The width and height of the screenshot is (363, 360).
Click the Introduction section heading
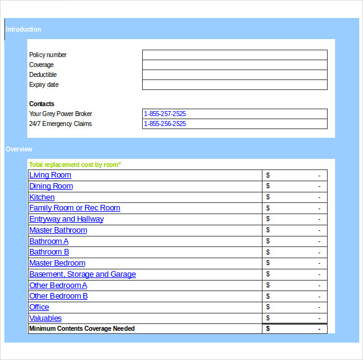point(24,29)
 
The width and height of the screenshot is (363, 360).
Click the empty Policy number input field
point(234,55)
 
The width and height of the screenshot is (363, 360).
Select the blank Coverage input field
point(234,65)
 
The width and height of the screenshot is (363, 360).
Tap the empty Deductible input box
point(234,74)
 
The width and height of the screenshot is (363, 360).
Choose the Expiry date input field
point(234,84)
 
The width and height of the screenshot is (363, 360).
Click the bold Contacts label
point(42,104)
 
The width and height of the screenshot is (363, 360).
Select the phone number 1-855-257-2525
point(165,114)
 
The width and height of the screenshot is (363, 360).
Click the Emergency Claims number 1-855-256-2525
point(165,124)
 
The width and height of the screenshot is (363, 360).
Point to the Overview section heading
point(19,149)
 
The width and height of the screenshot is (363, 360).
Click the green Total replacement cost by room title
point(75,164)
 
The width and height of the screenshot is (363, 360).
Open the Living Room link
point(50,175)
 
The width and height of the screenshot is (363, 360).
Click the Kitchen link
point(42,197)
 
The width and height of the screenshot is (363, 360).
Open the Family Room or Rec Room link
point(74,208)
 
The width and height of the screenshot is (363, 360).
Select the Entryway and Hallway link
point(66,219)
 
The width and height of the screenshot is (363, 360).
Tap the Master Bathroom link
point(58,230)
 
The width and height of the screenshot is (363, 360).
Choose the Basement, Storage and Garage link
point(83,274)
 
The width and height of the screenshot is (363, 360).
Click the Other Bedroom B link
point(58,296)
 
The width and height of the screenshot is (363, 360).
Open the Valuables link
point(45,318)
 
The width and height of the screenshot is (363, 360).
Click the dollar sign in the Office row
point(268,307)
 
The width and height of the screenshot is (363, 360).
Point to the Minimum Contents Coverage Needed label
point(82,328)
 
